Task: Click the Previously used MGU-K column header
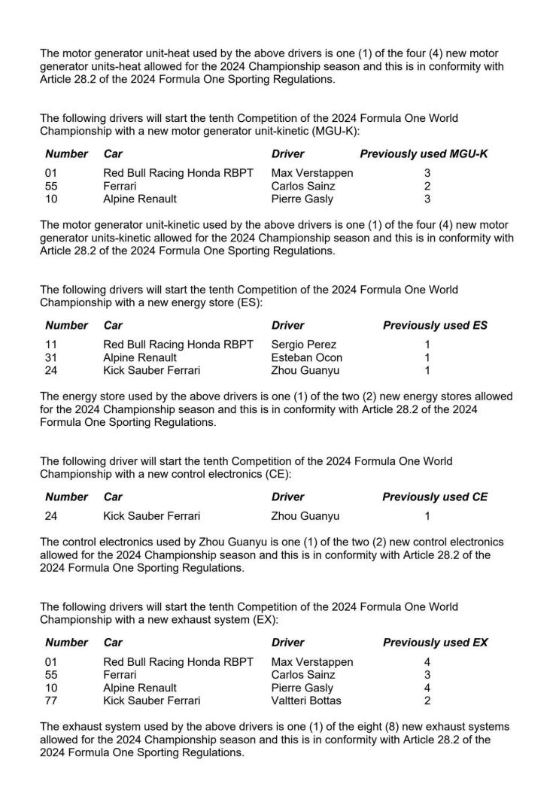(424, 154)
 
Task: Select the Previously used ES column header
(435, 326)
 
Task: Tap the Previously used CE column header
(435, 497)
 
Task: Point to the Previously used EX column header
(435, 643)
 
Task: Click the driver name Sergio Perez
(303, 345)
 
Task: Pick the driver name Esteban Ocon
(306, 358)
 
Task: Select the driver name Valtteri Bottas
(306, 700)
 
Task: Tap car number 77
(52, 700)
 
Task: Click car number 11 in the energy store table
(51, 345)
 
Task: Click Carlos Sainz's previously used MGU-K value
(427, 186)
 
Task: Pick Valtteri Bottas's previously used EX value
(427, 700)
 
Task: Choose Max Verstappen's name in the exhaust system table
(311, 662)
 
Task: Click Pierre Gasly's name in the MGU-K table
(302, 199)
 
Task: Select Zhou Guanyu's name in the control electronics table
(305, 516)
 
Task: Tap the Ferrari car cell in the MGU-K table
(120, 186)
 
